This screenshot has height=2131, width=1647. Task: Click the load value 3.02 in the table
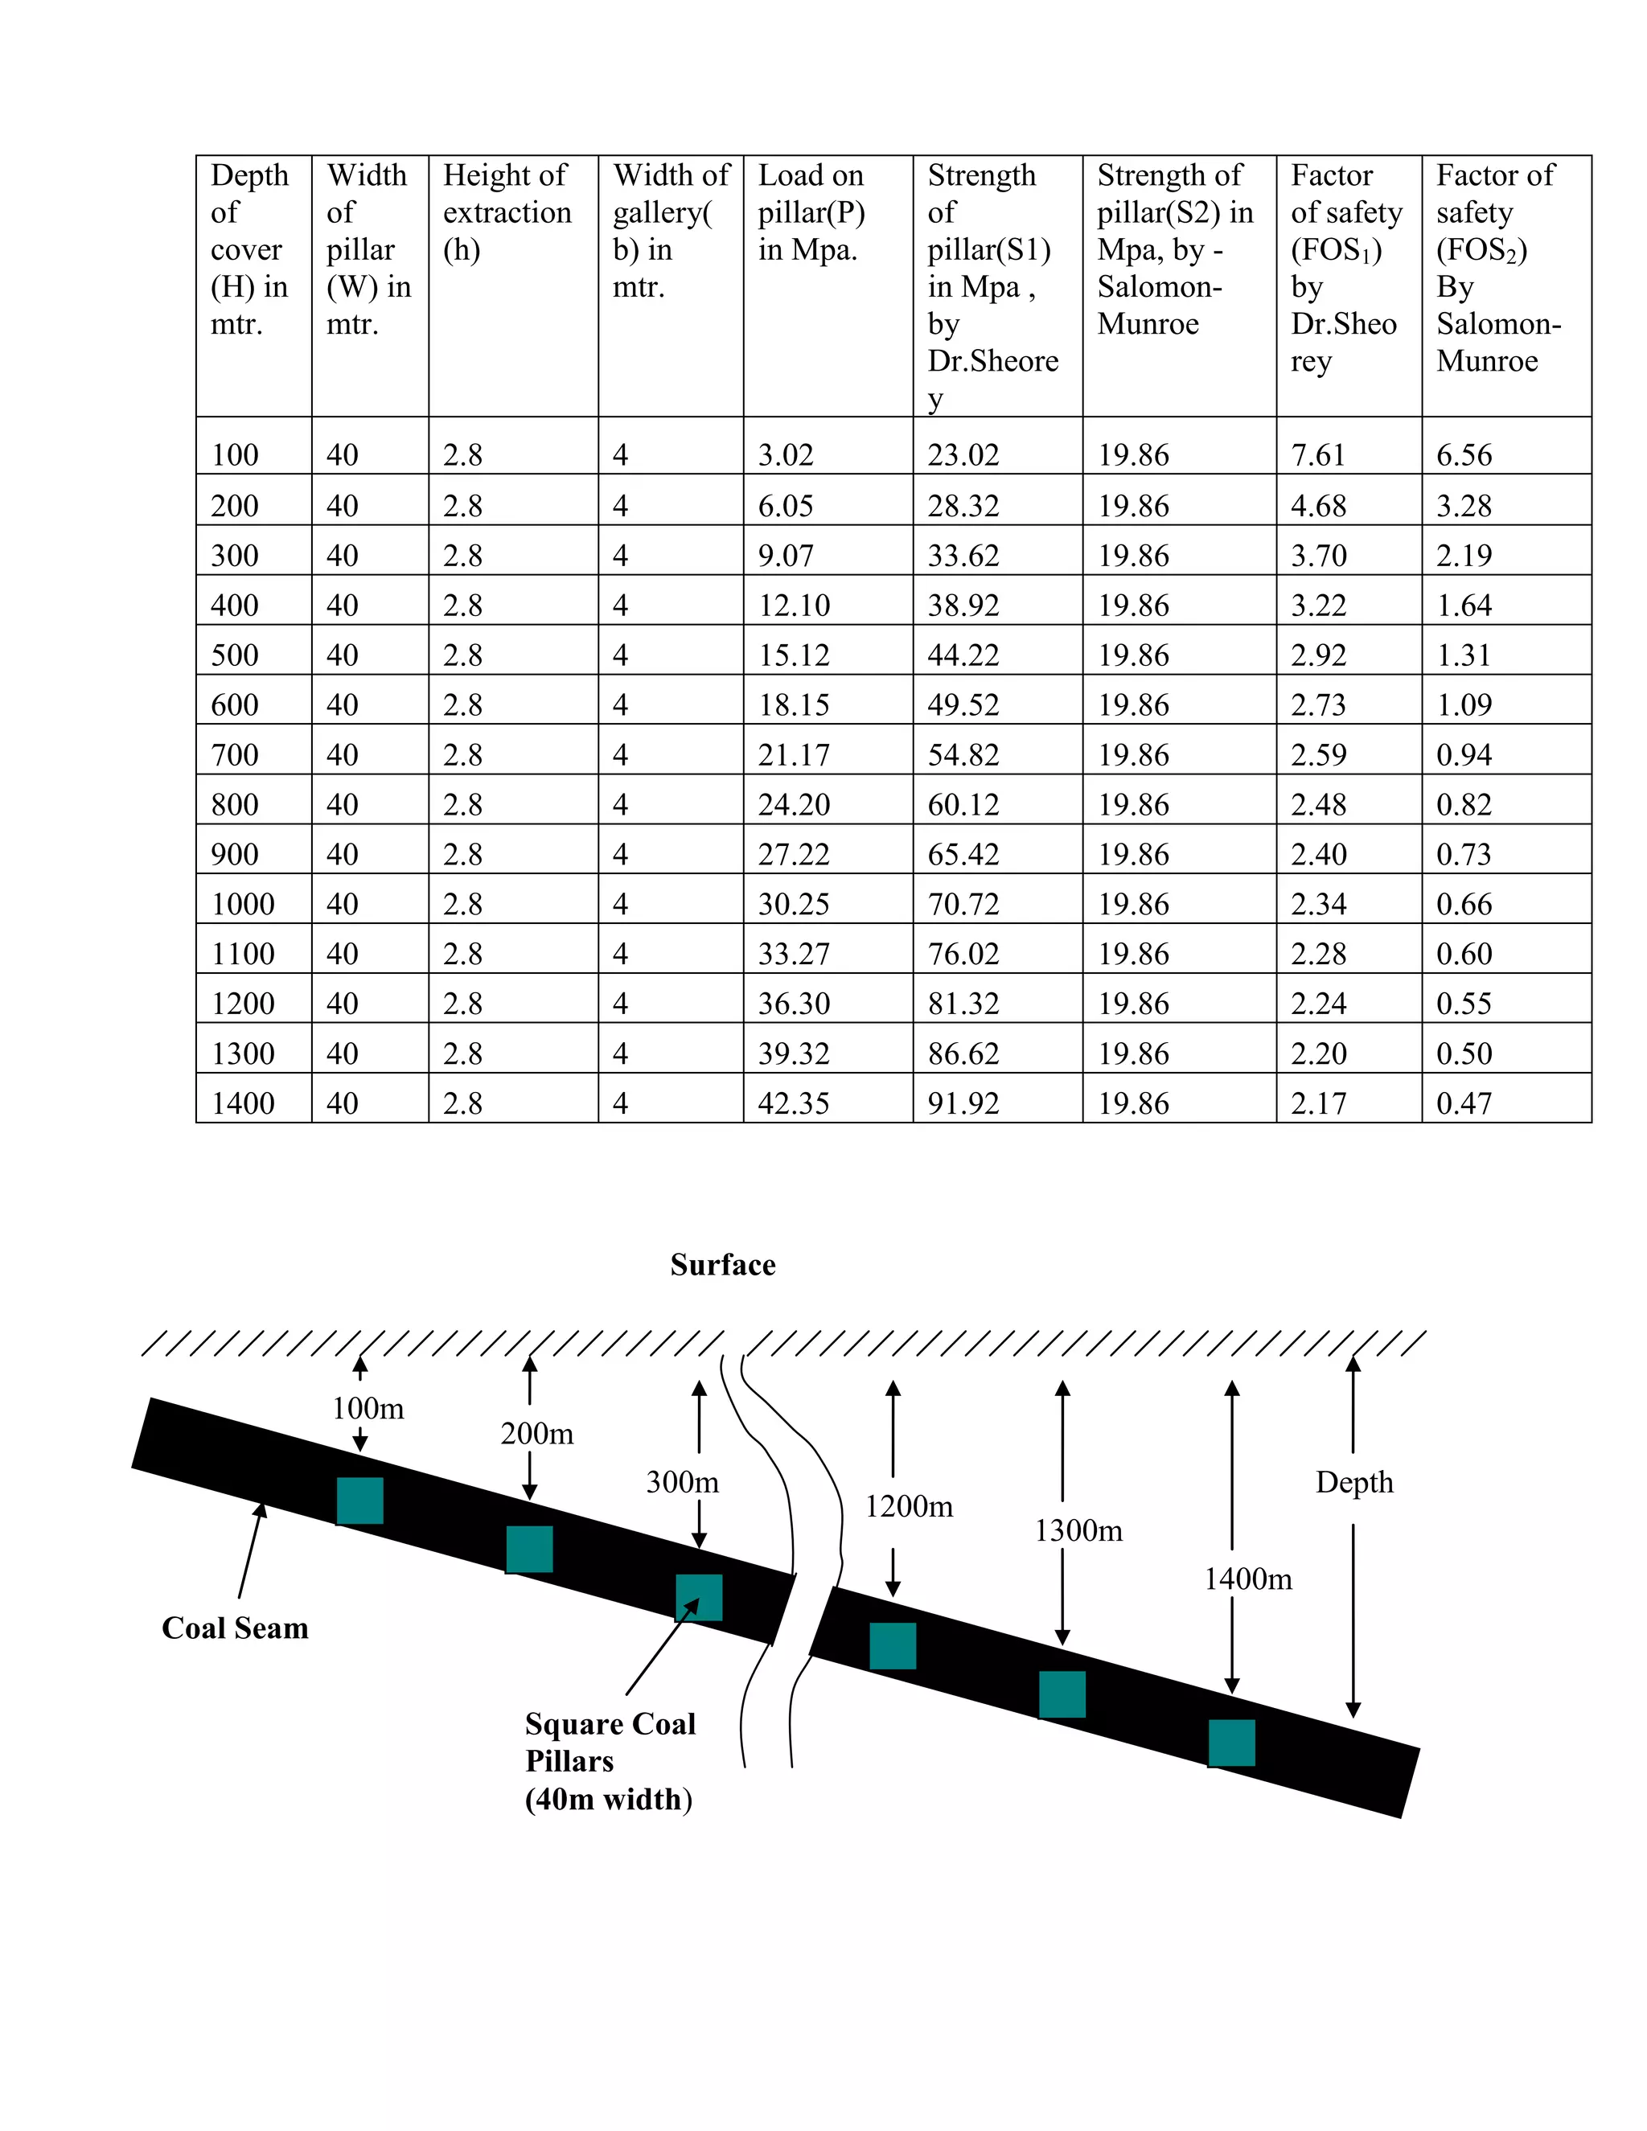(786, 454)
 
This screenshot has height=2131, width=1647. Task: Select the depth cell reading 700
(235, 754)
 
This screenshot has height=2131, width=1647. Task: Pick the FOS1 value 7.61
(1318, 454)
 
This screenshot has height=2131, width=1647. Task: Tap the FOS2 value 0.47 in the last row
(1464, 1102)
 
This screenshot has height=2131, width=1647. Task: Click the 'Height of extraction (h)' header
(507, 211)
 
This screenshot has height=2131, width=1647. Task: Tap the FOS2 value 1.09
(1464, 704)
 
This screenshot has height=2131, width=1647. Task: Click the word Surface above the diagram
(723, 1265)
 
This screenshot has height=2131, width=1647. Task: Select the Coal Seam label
(235, 1628)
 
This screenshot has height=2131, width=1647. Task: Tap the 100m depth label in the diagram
(368, 1408)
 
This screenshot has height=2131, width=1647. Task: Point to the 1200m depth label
(909, 1505)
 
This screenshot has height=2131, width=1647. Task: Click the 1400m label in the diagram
(1248, 1579)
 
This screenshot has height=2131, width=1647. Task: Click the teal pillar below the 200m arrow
(529, 1550)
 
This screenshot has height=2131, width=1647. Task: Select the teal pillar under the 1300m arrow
(1062, 1694)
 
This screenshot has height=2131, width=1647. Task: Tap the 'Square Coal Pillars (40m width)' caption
(610, 1760)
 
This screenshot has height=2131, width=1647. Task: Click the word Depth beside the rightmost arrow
(1354, 1482)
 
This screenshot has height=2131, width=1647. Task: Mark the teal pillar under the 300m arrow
(699, 1597)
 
